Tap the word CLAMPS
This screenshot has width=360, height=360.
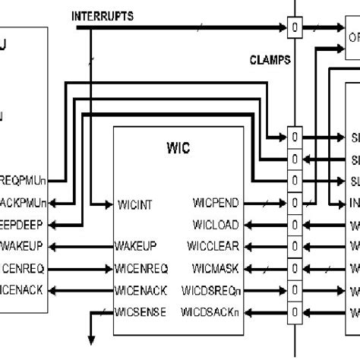(x=269, y=60)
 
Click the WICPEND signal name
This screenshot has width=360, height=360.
(x=216, y=204)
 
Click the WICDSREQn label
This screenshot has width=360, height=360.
(x=211, y=289)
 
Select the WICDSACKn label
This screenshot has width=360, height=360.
(x=210, y=311)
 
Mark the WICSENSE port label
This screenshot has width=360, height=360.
(x=141, y=311)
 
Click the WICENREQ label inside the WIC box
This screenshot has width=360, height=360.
(x=141, y=268)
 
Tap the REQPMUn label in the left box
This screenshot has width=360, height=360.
(x=24, y=182)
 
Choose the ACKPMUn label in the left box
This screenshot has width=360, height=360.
(x=24, y=204)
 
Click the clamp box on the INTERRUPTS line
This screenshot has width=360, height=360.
(x=295, y=29)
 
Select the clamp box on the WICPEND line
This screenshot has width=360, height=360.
(x=295, y=204)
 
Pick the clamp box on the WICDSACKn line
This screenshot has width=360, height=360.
(x=295, y=311)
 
